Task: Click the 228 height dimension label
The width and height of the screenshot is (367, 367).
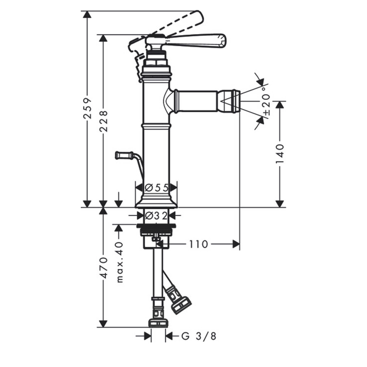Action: (x=103, y=121)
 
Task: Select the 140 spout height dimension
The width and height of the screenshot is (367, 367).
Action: (x=279, y=154)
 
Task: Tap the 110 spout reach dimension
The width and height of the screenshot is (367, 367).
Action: (x=198, y=244)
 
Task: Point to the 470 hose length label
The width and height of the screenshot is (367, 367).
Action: (x=103, y=268)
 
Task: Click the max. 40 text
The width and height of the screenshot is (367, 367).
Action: (x=120, y=262)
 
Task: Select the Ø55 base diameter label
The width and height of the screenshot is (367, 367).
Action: (x=157, y=188)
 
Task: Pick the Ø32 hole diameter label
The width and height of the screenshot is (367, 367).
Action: (x=156, y=215)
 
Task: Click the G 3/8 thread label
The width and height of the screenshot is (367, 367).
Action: (x=199, y=337)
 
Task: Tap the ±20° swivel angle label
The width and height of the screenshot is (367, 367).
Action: (x=267, y=101)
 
